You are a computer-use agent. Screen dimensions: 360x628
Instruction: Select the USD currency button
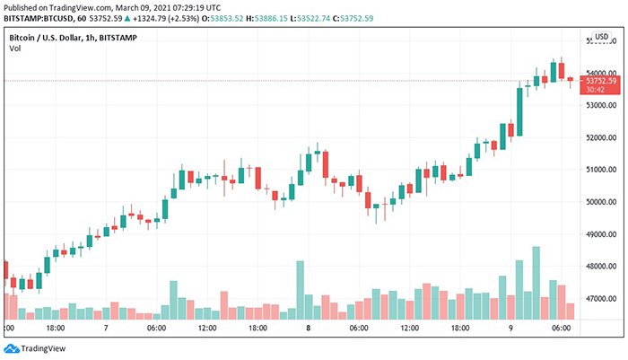tap(602, 37)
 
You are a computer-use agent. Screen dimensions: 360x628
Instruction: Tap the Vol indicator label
tap(15, 49)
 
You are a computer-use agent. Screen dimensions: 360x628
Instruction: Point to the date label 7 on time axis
tap(107, 329)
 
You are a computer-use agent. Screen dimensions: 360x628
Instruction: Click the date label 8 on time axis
tap(308, 329)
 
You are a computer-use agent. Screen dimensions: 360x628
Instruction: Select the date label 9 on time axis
tap(510, 329)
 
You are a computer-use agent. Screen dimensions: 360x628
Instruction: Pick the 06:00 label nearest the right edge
tap(560, 329)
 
